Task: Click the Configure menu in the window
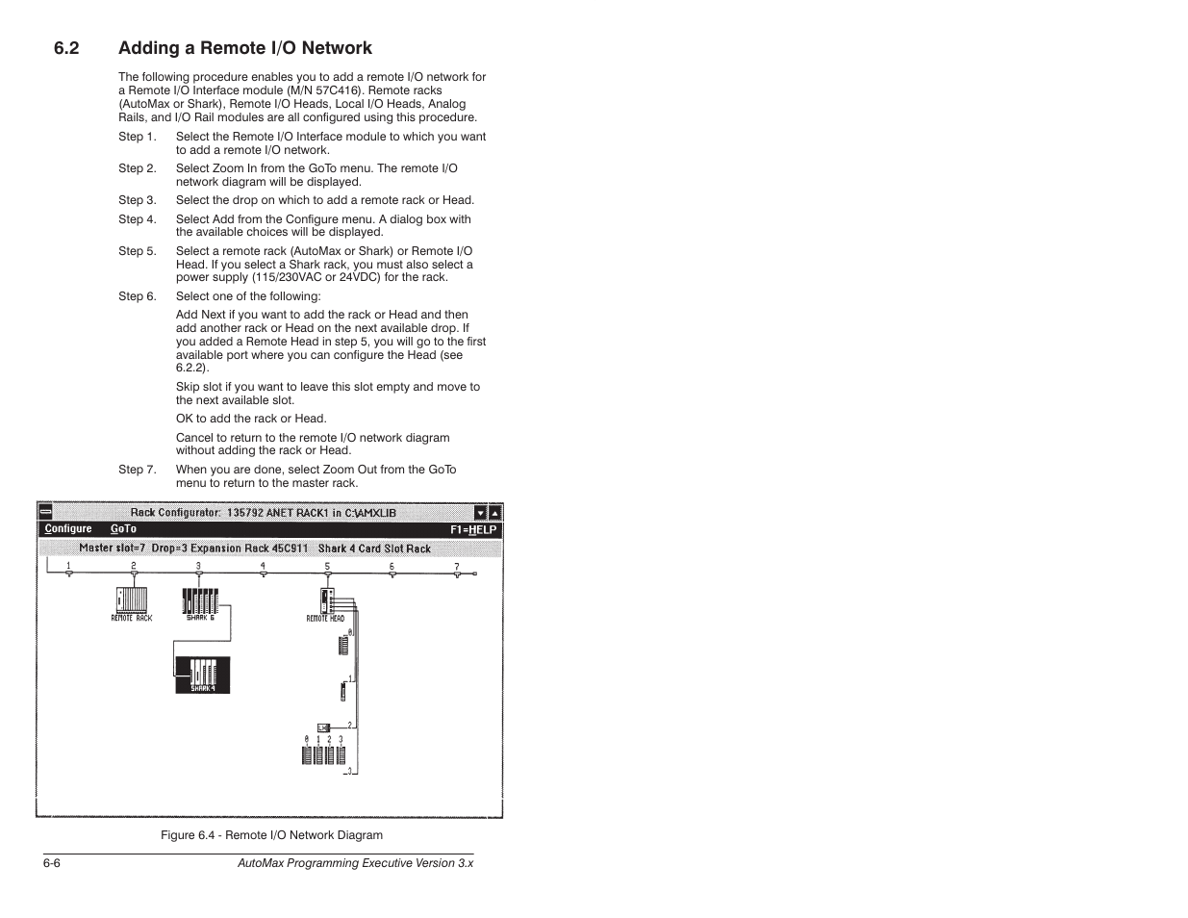68,529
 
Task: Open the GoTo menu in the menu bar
123,529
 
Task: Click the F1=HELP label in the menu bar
473,530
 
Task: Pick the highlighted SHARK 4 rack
203,674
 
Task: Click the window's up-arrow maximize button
494,513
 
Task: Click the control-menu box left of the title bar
45,513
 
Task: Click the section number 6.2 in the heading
66,48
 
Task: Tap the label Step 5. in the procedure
137,251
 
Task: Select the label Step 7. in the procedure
137,470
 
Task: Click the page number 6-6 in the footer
51,864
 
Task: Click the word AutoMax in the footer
262,864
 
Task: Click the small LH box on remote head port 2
324,727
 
